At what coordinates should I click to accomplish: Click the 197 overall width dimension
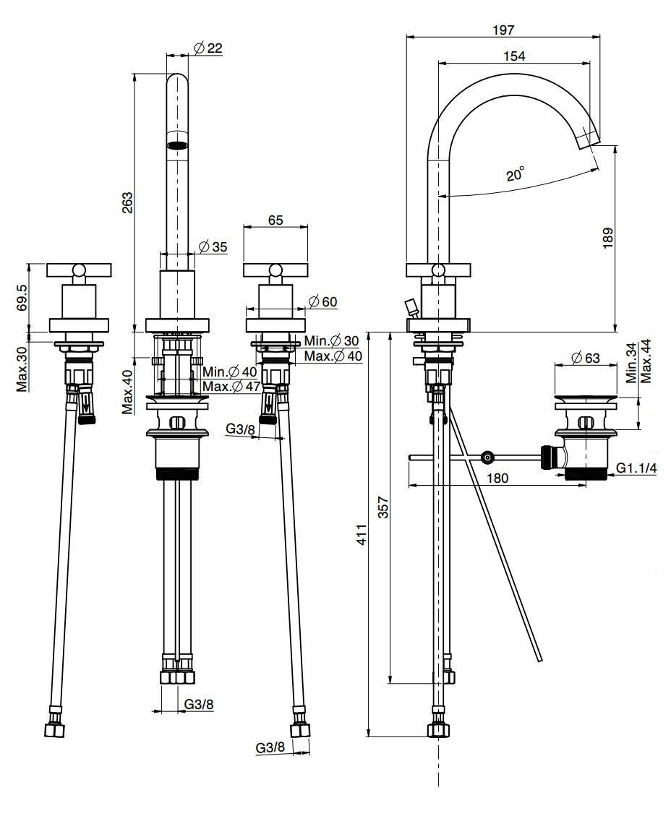point(503,30)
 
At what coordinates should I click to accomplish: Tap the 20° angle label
point(515,174)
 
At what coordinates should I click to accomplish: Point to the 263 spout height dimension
point(127,202)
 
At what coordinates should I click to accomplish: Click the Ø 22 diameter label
point(208,48)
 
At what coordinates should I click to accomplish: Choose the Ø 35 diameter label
point(213,246)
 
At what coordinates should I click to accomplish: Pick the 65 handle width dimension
point(275,221)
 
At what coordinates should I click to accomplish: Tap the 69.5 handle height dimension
point(22,297)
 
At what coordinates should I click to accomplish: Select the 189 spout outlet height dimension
point(607,238)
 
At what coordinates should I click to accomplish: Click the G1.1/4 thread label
point(636,468)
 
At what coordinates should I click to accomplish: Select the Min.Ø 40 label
point(229,372)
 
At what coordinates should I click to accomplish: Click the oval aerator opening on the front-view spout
point(177,145)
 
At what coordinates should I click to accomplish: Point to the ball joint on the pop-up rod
point(488,457)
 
